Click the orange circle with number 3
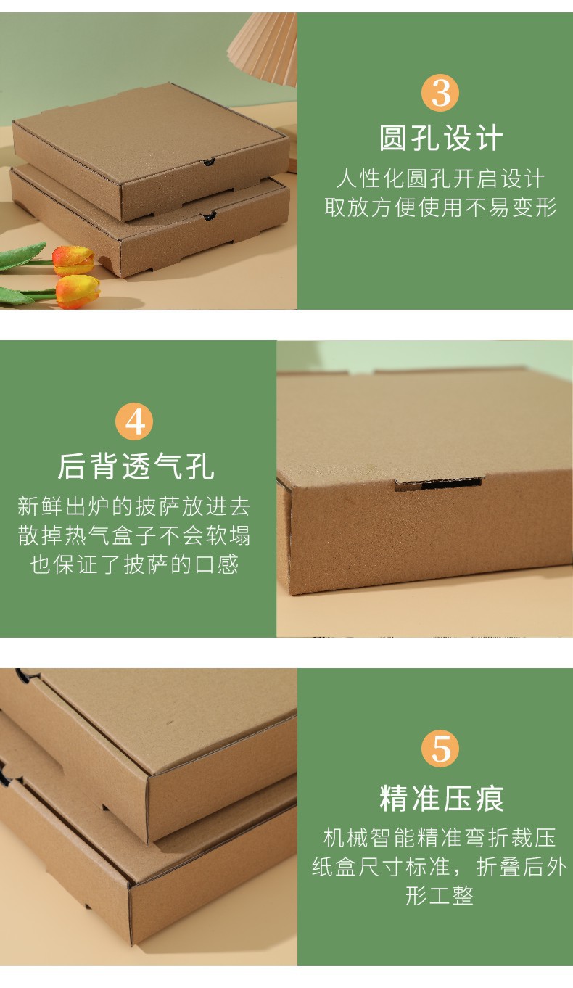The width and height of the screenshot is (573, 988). (x=440, y=93)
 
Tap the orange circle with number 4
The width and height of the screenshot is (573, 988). (x=135, y=421)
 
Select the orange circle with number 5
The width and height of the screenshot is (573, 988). (x=440, y=749)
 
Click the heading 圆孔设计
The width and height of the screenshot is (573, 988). (x=440, y=138)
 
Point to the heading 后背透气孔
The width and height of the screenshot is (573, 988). (x=136, y=466)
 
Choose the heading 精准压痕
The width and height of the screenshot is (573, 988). (x=440, y=798)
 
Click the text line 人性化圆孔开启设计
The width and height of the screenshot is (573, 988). (x=440, y=178)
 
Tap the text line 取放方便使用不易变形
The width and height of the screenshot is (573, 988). (x=440, y=207)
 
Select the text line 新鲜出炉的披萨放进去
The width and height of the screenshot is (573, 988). (x=135, y=506)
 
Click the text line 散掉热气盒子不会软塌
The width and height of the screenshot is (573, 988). (x=135, y=535)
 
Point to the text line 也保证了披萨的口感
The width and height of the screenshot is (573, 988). (x=135, y=564)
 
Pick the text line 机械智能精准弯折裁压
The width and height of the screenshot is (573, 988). (x=440, y=838)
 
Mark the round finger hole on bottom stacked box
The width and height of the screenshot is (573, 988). (x=210, y=215)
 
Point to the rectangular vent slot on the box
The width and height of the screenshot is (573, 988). (x=438, y=484)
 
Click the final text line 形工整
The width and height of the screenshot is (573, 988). (x=440, y=896)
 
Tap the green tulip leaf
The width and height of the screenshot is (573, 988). (x=22, y=256)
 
